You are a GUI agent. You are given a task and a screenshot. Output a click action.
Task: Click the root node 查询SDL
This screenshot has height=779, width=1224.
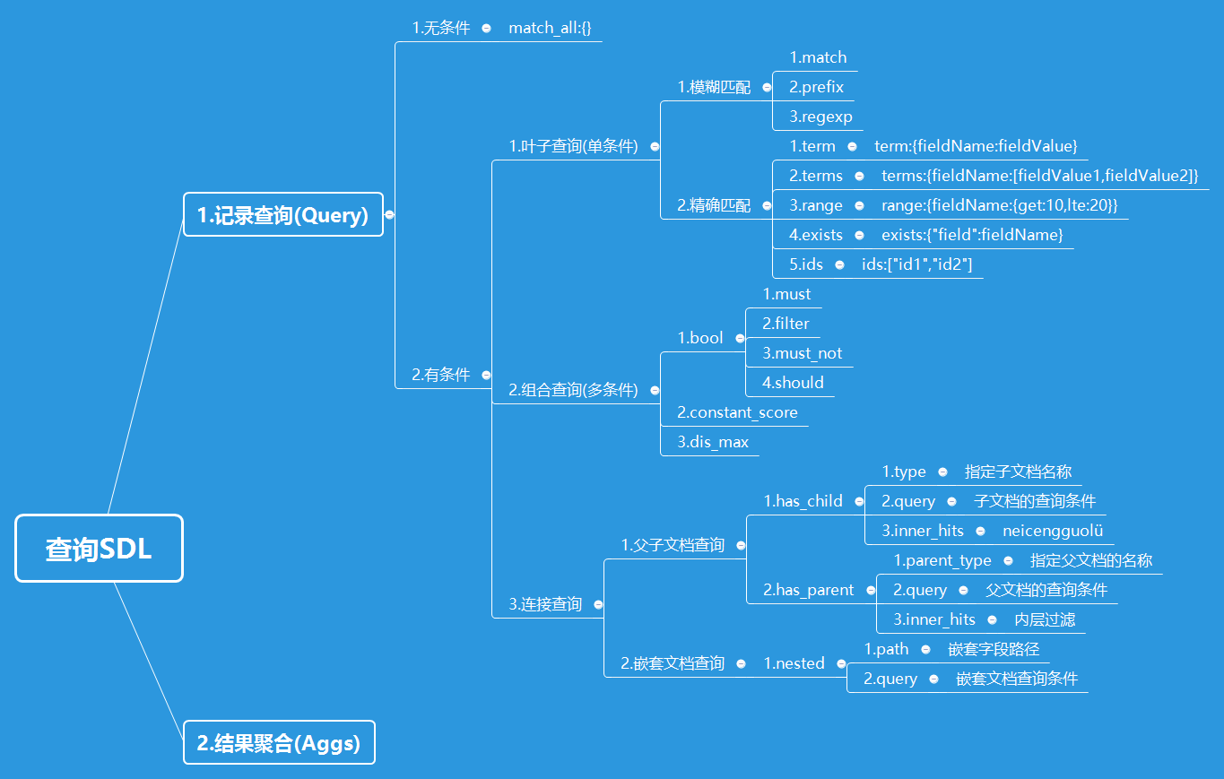click(x=99, y=549)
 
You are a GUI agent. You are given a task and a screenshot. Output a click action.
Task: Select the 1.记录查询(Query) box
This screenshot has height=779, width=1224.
click(x=282, y=215)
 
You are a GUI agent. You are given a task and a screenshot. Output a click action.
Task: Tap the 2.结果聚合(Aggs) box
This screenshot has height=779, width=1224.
click(x=279, y=743)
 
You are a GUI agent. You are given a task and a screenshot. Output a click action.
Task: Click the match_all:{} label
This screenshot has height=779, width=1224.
click(x=550, y=28)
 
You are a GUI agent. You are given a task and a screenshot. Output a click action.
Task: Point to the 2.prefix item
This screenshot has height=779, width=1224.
click(x=816, y=87)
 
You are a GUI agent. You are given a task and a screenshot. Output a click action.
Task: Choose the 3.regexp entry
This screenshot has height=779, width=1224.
click(x=820, y=117)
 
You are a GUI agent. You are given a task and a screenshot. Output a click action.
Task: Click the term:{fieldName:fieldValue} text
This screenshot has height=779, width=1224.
click(x=976, y=146)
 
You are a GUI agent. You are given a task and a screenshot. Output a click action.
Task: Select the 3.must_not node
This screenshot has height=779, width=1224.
click(x=802, y=353)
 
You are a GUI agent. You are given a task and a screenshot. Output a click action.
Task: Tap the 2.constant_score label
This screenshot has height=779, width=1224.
click(x=737, y=412)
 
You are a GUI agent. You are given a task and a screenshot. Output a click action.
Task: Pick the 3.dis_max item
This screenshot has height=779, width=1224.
click(x=713, y=442)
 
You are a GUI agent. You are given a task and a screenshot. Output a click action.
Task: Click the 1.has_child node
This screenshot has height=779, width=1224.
click(x=803, y=501)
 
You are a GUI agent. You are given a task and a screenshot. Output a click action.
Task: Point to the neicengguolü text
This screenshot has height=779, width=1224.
click(x=1053, y=531)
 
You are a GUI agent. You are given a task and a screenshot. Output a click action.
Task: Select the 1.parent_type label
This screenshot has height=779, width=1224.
click(x=942, y=560)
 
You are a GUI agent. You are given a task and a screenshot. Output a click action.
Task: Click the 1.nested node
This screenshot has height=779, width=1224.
click(x=794, y=663)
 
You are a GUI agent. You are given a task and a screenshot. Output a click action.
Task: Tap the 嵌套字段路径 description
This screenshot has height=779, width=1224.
click(x=994, y=649)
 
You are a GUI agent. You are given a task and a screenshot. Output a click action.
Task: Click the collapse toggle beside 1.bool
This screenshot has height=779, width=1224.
click(x=741, y=339)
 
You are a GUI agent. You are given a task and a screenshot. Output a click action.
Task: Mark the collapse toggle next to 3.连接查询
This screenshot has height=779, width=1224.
click(x=598, y=605)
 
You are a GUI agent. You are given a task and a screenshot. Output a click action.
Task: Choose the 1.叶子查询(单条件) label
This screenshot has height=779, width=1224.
click(x=573, y=146)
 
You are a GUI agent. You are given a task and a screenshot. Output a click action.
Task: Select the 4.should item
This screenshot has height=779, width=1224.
click(x=793, y=383)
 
